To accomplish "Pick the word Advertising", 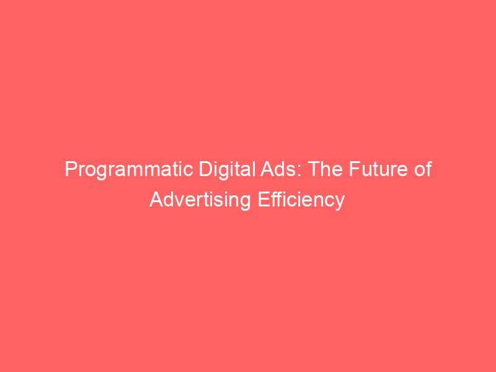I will click(x=198, y=200).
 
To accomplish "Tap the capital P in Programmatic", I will click(x=70, y=170).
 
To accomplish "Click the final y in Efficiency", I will click(x=340, y=203).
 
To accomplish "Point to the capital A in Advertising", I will click(x=155, y=200).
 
